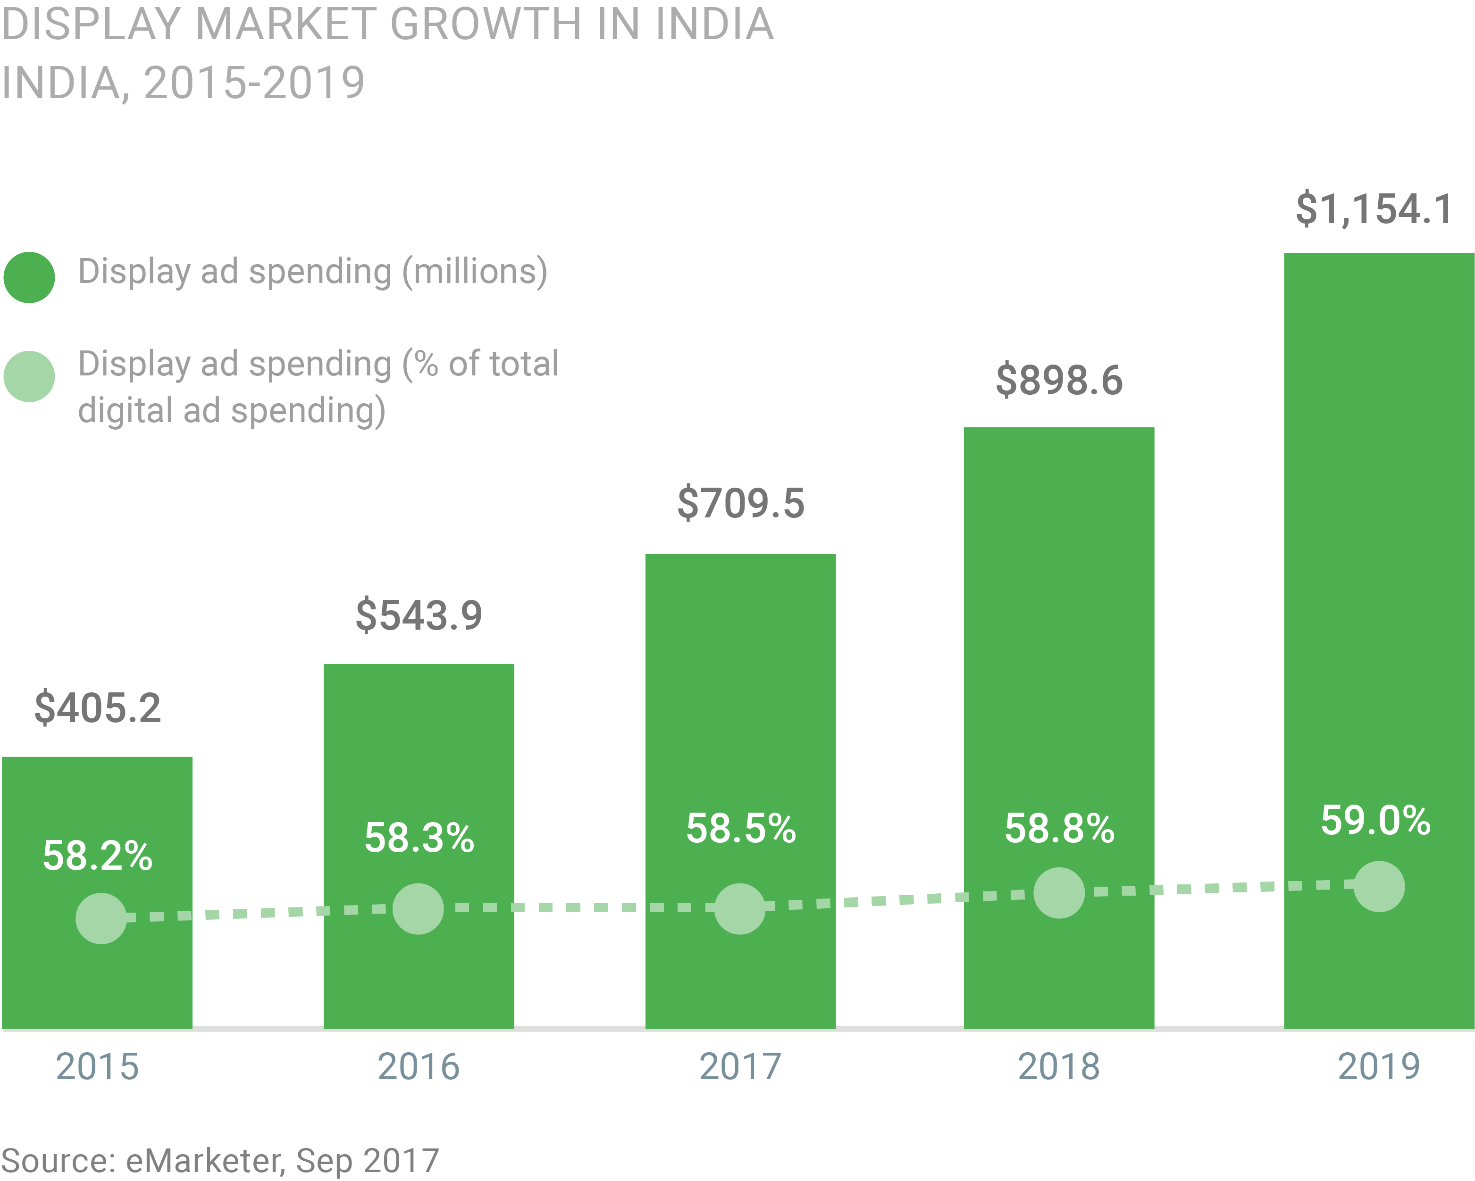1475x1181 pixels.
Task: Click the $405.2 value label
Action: click(98, 708)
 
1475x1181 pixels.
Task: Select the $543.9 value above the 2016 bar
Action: click(419, 615)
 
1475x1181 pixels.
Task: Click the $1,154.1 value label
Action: click(1375, 209)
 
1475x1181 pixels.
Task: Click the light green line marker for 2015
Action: click(101, 918)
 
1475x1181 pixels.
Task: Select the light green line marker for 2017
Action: click(739, 909)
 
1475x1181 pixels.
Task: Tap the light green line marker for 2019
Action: click(1379, 886)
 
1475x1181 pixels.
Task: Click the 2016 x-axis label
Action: click(419, 1067)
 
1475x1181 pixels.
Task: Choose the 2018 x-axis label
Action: click(1059, 1067)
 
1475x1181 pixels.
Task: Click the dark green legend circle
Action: click(29, 278)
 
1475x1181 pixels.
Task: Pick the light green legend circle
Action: click(29, 377)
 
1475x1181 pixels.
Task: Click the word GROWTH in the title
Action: click(485, 25)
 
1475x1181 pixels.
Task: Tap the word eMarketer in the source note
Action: click(204, 1161)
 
